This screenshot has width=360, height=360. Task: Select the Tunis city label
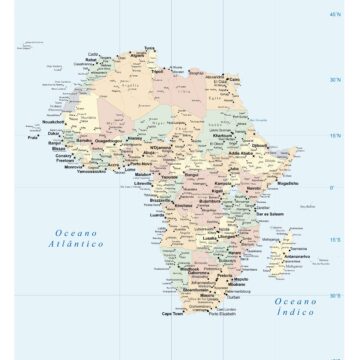(151, 47)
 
